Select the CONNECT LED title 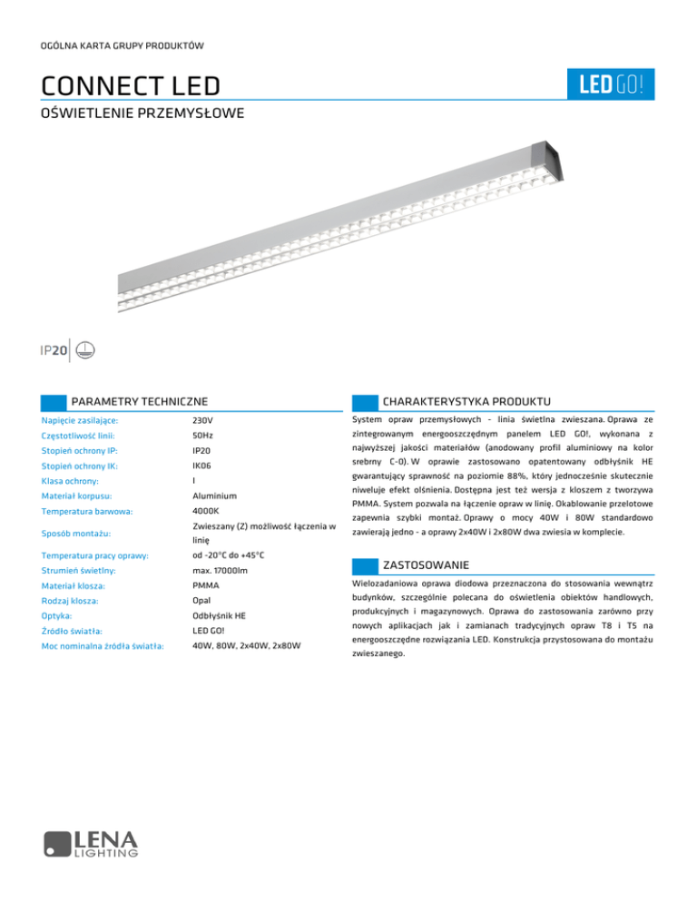131,87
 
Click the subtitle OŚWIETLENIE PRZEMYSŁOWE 142,115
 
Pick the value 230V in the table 204,421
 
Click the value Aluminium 215,496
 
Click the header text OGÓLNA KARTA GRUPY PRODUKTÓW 122,45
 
